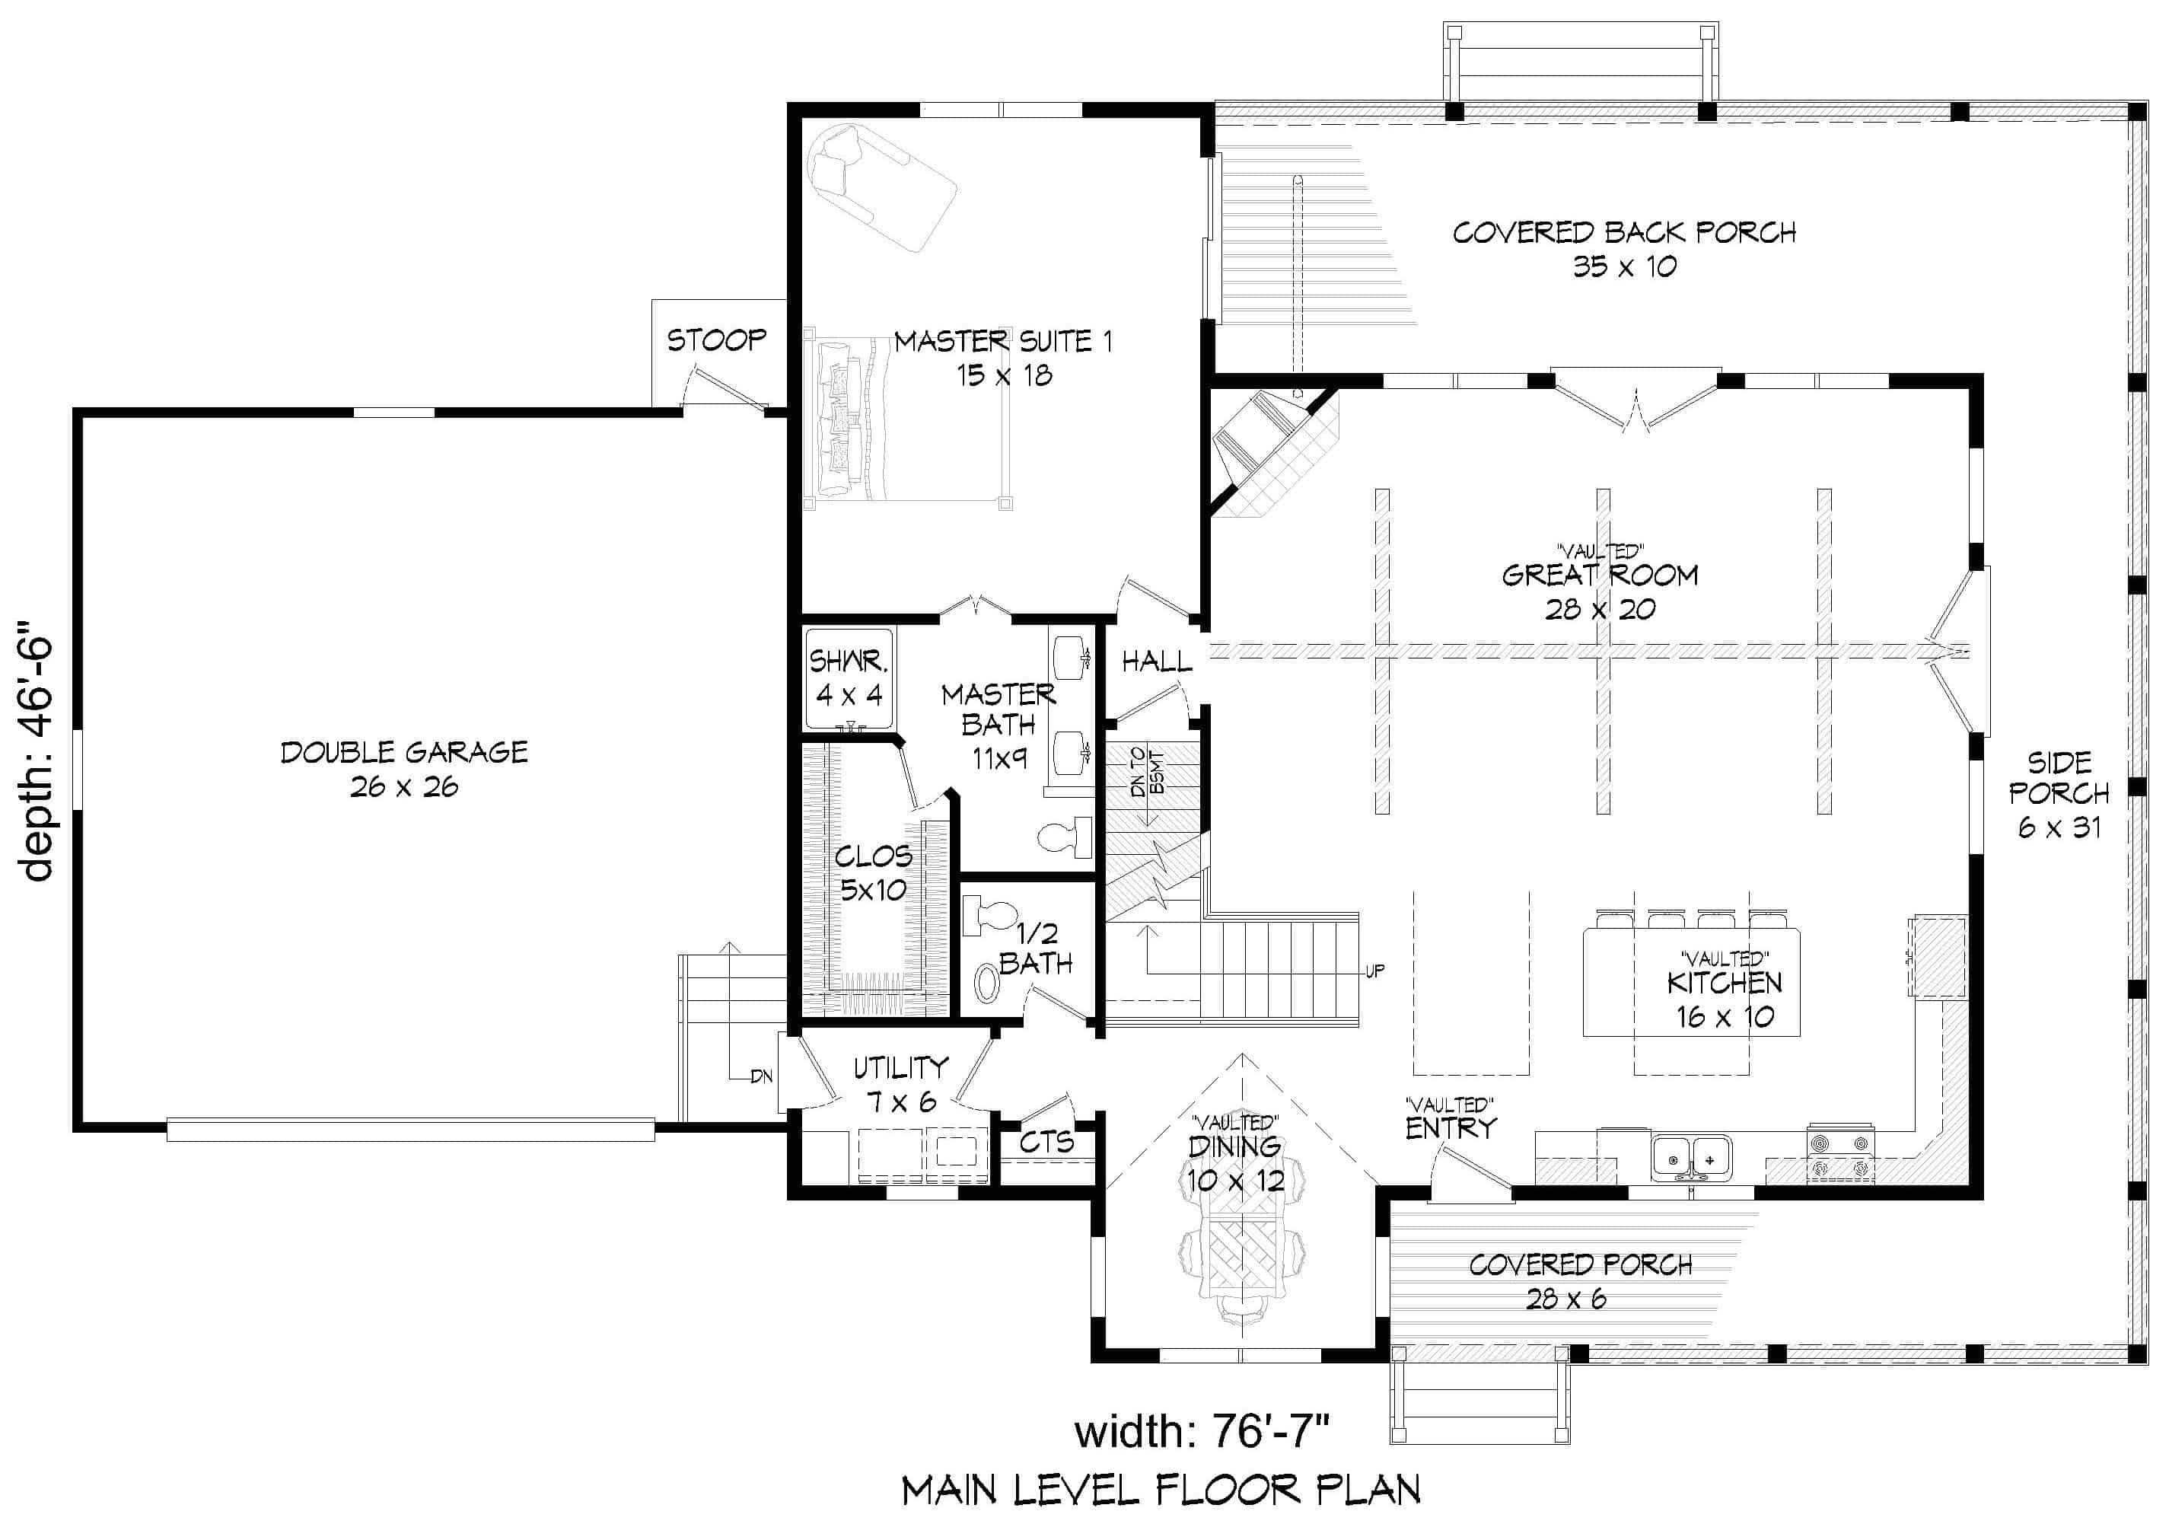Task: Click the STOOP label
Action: tap(716, 340)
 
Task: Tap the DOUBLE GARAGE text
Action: tap(404, 752)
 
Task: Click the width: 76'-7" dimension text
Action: tap(1202, 1431)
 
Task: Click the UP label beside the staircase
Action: tap(1374, 971)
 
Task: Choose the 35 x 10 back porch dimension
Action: tap(1624, 267)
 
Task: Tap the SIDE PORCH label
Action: tap(2059, 776)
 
